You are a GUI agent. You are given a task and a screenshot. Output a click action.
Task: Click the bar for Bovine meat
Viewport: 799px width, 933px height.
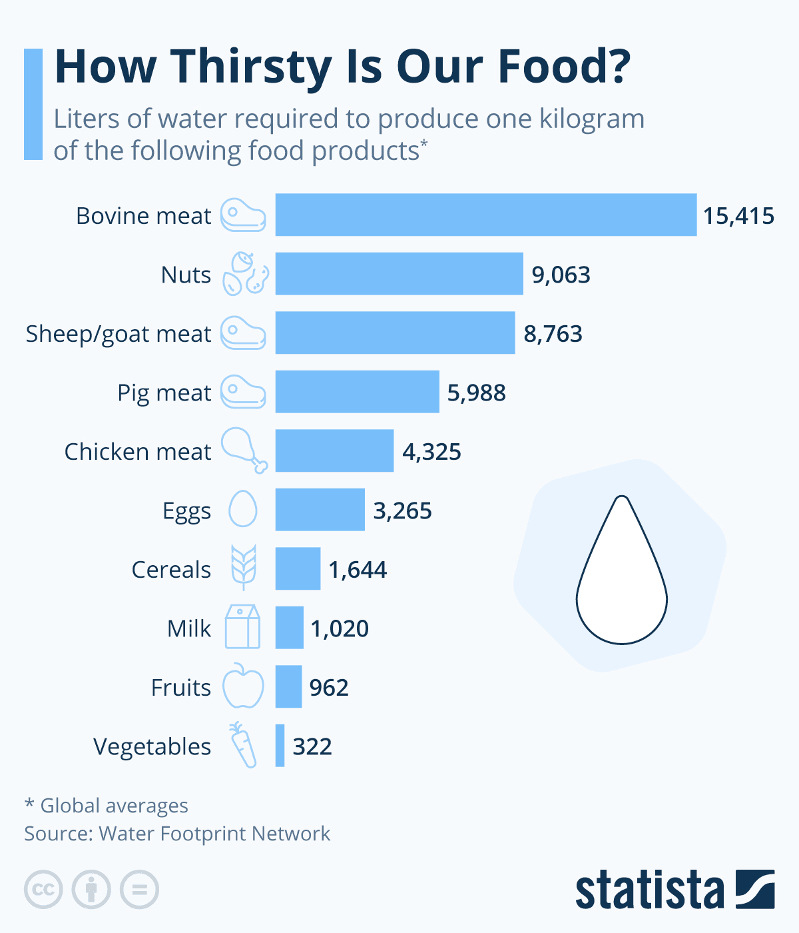click(486, 215)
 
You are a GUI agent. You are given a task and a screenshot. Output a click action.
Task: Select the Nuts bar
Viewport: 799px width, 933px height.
click(399, 273)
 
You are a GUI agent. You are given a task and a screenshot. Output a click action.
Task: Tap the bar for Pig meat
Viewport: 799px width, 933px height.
click(357, 391)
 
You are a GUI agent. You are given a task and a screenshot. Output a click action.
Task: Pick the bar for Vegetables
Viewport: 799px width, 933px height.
click(280, 746)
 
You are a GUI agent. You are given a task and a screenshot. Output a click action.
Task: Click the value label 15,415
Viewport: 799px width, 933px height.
click(738, 216)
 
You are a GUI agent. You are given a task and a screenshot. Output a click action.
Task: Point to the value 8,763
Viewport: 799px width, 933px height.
click(553, 334)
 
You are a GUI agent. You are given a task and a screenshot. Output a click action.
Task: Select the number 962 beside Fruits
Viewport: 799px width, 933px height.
click(329, 688)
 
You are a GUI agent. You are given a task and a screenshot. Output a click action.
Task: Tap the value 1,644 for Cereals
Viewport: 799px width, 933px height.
click(358, 570)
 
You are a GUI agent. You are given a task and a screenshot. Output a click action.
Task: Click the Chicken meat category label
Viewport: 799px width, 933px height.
click(138, 451)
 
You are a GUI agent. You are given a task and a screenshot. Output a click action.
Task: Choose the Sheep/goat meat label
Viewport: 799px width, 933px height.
click(118, 334)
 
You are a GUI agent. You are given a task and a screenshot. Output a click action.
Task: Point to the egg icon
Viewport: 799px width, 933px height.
click(243, 508)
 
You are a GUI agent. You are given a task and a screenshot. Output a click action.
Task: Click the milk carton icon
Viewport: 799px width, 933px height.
click(242, 626)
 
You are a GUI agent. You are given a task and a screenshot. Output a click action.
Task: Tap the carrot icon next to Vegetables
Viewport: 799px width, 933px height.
click(243, 745)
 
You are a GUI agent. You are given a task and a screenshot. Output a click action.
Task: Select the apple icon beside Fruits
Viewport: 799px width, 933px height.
click(243, 686)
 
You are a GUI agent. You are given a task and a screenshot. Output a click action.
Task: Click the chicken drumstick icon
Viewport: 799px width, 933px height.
click(244, 451)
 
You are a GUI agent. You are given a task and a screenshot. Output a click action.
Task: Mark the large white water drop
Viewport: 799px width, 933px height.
click(622, 570)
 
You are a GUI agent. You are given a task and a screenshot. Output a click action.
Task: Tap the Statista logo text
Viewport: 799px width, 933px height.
click(649, 890)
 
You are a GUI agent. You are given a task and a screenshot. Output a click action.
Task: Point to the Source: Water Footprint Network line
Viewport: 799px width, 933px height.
click(177, 834)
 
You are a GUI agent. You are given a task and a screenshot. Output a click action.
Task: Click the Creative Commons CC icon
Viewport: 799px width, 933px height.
click(43, 889)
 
